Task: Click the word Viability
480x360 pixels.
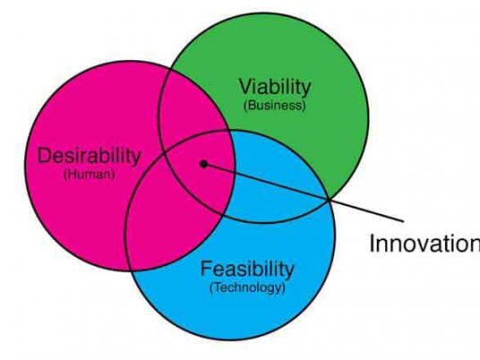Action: pyautogui.click(x=275, y=87)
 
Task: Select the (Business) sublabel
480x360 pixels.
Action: pyautogui.click(x=275, y=106)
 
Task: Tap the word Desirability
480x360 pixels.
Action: pyautogui.click(x=89, y=156)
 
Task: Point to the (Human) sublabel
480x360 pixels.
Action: pyautogui.click(x=89, y=175)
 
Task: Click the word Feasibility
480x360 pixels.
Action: pyautogui.click(x=247, y=269)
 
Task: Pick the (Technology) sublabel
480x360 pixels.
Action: pyautogui.click(x=247, y=287)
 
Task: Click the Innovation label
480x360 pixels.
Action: pyautogui.click(x=424, y=244)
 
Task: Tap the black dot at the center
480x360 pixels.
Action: pyautogui.click(x=203, y=164)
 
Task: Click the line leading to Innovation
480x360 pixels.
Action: pyautogui.click(x=304, y=193)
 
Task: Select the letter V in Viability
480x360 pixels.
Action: pyautogui.click(x=245, y=87)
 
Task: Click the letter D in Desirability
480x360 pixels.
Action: pyautogui.click(x=44, y=156)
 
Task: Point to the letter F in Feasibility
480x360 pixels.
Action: pyautogui.click(x=207, y=269)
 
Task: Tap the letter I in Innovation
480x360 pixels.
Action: pyautogui.click(x=373, y=244)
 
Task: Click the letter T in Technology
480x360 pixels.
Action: pyautogui.click(x=217, y=287)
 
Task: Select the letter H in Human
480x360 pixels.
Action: pyautogui.click(x=70, y=175)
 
